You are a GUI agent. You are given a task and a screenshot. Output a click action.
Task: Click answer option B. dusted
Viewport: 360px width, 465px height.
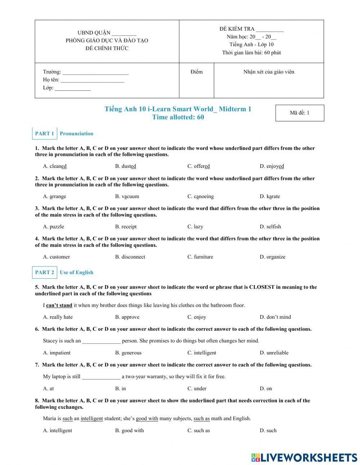(x=126, y=166)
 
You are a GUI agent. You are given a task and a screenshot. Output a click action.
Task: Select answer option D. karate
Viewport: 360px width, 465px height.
(x=270, y=196)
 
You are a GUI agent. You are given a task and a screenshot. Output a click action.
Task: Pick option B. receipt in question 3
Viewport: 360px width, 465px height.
(x=126, y=227)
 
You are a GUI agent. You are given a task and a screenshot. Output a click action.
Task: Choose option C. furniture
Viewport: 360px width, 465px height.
(x=200, y=257)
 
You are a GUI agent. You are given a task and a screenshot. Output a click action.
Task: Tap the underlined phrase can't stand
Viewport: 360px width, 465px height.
(x=59, y=305)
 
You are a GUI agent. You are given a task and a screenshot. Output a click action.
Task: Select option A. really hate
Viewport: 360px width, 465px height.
(x=58, y=317)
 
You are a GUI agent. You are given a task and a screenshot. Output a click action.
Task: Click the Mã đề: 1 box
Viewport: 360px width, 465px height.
(x=300, y=113)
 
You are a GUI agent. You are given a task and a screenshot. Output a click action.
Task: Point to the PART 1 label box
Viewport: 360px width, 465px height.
(x=45, y=133)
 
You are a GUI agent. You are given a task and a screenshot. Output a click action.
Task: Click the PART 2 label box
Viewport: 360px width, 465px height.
(x=45, y=272)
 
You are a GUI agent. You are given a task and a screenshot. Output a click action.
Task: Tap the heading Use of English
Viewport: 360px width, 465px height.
(x=76, y=272)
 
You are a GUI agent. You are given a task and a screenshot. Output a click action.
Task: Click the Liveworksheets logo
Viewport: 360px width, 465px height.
(x=304, y=457)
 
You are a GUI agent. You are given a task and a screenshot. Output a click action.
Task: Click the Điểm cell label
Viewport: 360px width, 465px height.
(x=197, y=72)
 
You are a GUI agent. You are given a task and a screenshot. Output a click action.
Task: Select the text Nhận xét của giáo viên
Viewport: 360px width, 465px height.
(x=269, y=72)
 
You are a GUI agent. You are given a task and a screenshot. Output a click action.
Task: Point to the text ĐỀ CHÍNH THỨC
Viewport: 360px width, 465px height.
(x=107, y=48)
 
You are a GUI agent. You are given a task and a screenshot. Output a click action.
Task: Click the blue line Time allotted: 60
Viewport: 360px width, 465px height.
(x=178, y=117)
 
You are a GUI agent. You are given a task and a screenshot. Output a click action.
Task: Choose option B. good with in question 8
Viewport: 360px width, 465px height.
(x=129, y=430)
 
